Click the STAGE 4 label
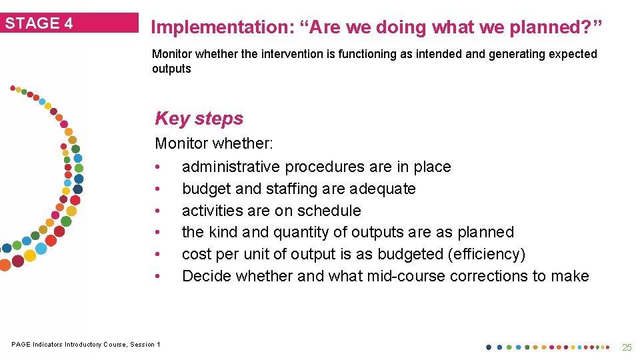39,23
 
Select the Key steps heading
199,119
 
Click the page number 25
627,347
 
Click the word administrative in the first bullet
231,167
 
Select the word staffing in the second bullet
291,189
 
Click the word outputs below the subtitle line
171,69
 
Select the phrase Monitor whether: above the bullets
214,143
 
